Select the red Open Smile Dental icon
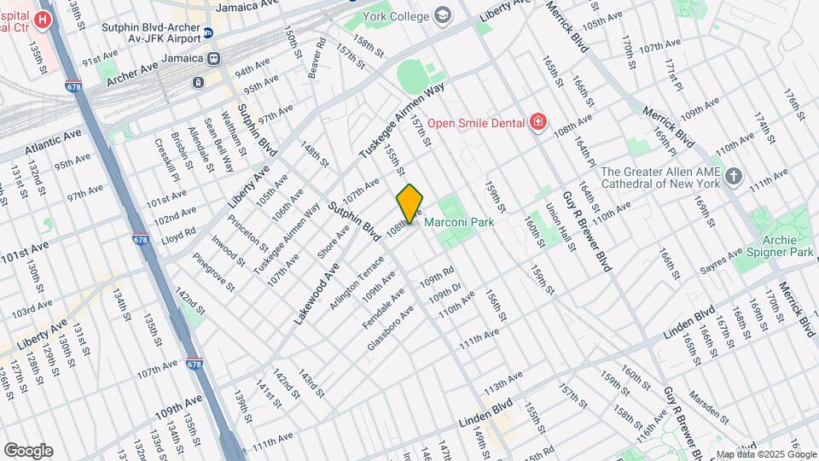[x=537, y=122]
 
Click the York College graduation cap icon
[x=443, y=15]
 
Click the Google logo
[x=28, y=450]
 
